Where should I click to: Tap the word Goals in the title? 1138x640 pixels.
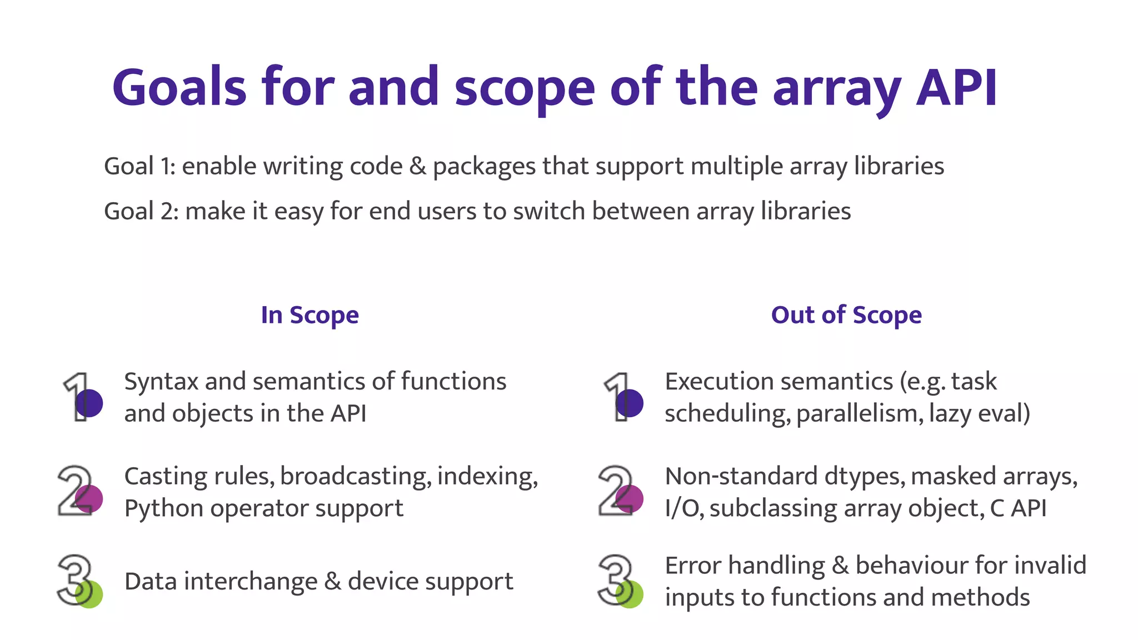coord(179,88)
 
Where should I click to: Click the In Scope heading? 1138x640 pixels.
coord(310,315)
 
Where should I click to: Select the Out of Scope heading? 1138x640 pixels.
coord(846,315)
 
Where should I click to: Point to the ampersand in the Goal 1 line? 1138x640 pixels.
coord(417,166)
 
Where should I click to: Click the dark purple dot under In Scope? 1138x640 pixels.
coord(89,403)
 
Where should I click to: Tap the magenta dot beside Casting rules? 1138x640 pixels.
coord(89,498)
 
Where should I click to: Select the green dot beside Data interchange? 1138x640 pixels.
coord(89,594)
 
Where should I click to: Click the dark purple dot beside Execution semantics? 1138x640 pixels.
coord(630,403)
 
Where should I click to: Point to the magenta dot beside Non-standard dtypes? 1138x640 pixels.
coord(630,498)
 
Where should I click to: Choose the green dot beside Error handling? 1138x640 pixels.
coord(630,594)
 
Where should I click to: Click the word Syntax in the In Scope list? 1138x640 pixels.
coord(161,382)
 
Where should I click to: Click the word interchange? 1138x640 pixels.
coord(251,582)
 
